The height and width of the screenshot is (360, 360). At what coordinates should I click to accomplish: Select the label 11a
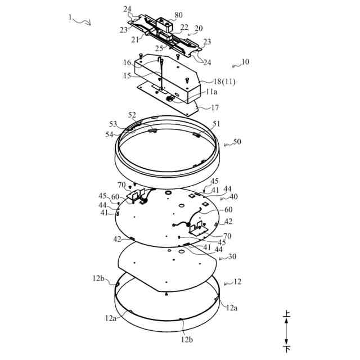pos(212,92)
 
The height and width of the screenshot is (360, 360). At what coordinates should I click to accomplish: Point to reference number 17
pos(215,107)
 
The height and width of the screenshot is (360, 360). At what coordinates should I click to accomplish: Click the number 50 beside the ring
pos(237,141)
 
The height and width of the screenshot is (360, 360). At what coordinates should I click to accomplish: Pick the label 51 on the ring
pos(217,123)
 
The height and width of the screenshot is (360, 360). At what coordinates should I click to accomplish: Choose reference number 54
pos(110,134)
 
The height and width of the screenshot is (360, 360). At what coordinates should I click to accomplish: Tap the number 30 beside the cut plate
pos(232,256)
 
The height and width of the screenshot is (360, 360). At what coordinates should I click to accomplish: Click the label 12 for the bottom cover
pos(237,281)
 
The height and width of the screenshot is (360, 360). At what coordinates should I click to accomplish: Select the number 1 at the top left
pos(70,17)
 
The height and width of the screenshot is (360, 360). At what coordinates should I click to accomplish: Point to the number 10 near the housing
pos(245,62)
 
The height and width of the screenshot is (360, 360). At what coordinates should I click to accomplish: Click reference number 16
pos(128,62)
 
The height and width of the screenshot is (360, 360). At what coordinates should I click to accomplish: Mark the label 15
pos(128,75)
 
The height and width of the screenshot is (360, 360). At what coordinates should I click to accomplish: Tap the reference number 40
pos(233,197)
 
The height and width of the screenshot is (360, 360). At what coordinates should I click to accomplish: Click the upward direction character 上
pos(287,316)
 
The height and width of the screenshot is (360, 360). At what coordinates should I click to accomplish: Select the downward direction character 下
pos(287,349)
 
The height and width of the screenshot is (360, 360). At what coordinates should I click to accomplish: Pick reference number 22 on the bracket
pos(184,27)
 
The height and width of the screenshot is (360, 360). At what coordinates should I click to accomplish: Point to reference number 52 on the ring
pos(132,115)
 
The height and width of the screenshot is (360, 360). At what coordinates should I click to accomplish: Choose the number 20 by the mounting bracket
pos(199,28)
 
